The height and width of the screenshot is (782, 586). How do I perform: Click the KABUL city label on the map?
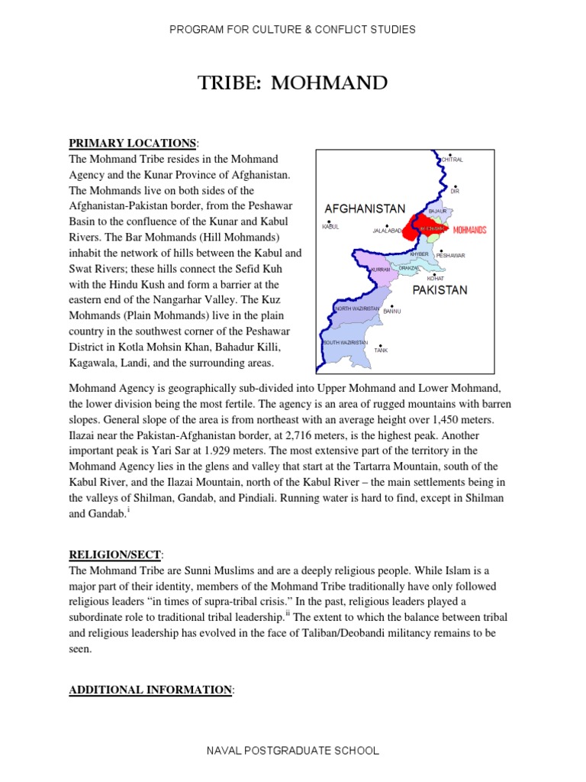coord(330,227)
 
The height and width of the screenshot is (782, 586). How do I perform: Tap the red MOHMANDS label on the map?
coord(469,229)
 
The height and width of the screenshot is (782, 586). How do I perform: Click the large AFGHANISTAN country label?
coord(365,208)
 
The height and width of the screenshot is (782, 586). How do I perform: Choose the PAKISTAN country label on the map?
coord(439,291)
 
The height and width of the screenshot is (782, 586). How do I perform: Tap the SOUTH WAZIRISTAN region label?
coord(345,343)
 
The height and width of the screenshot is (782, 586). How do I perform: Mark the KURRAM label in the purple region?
coord(379,270)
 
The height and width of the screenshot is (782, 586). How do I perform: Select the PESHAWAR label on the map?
coord(450,256)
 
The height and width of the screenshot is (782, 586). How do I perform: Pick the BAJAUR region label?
coord(437,210)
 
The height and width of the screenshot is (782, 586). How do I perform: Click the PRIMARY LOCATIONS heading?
coord(133,144)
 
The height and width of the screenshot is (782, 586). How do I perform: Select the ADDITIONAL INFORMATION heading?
coord(150,690)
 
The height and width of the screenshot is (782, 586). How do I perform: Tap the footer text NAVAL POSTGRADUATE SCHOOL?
coord(293,751)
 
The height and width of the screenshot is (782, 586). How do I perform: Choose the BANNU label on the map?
coord(391,312)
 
